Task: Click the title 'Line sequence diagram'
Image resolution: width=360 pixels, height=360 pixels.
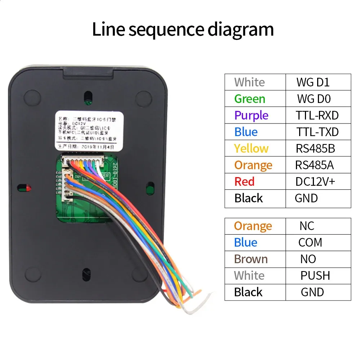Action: tap(183, 30)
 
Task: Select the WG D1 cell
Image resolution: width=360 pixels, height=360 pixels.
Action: tap(313, 82)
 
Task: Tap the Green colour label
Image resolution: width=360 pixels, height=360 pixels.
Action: tap(249, 99)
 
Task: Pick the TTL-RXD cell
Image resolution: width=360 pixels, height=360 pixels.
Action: tap(317, 115)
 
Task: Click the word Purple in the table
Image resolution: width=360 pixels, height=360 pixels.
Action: tap(251, 115)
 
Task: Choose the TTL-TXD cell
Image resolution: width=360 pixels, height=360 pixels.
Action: tap(317, 132)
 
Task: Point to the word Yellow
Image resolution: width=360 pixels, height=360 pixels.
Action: tap(251, 148)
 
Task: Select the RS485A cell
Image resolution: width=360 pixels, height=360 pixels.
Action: tap(314, 165)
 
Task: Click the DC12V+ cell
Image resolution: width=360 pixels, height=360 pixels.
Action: tap(315, 181)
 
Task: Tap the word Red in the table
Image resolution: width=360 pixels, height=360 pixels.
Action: tap(244, 181)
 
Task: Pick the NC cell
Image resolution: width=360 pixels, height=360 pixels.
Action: tap(307, 226)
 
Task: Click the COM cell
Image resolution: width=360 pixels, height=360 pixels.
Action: tap(310, 242)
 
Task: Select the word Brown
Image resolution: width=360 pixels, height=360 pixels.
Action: tap(251, 259)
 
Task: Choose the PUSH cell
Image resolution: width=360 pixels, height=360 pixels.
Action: tap(315, 275)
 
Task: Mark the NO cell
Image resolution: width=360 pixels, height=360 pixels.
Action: tap(308, 259)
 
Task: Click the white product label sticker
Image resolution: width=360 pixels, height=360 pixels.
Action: tap(88, 130)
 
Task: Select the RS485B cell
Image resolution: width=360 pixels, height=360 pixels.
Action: tap(315, 148)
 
